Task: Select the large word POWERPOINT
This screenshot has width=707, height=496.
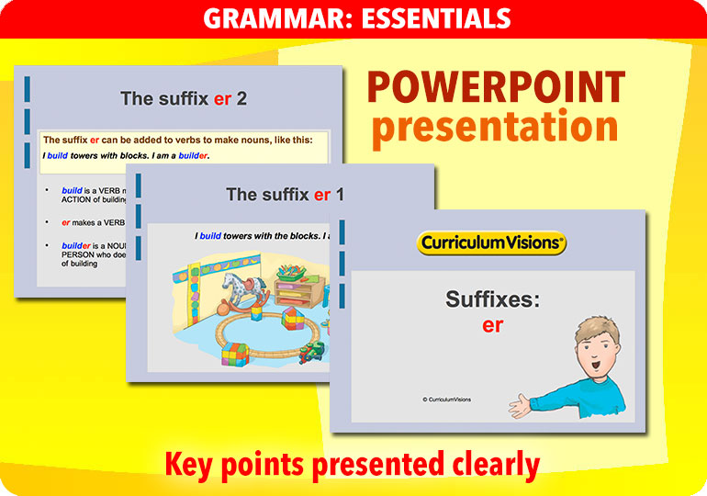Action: click(496, 89)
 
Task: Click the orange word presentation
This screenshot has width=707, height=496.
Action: click(495, 128)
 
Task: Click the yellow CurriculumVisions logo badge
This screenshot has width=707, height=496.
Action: click(492, 242)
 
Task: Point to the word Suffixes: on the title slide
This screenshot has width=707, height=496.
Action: click(492, 299)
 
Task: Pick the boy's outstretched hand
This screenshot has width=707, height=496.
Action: click(525, 405)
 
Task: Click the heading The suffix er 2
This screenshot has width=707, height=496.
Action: click(184, 98)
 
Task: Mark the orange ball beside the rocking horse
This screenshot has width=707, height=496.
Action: click(222, 305)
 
